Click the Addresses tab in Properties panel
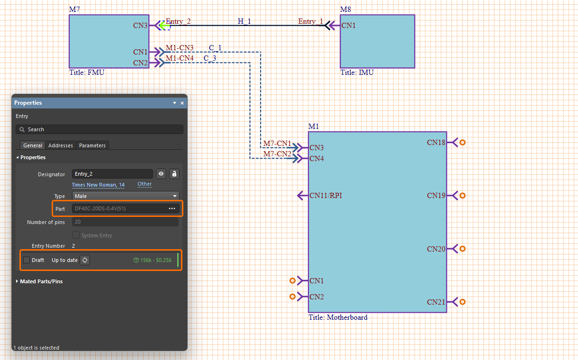pos(61,145)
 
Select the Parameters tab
pos(92,145)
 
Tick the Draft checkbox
pos(27,260)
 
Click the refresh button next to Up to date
pos(85,260)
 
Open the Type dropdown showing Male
pos(126,196)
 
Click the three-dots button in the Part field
pos(172,208)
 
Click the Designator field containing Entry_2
pos(112,174)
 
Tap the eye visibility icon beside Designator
pos(162,174)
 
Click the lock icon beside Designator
pos(174,174)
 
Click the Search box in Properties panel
pos(99,129)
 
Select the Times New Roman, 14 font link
pos(98,185)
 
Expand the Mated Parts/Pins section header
pos(41,281)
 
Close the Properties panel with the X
pos(182,103)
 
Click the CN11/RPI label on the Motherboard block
pos(325,195)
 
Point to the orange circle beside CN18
pos(462,142)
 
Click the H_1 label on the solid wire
pos(244,21)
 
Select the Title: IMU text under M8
pos(357,72)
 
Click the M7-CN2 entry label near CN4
pos(277,154)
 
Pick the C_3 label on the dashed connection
pos(210,58)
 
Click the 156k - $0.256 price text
pos(155,260)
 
